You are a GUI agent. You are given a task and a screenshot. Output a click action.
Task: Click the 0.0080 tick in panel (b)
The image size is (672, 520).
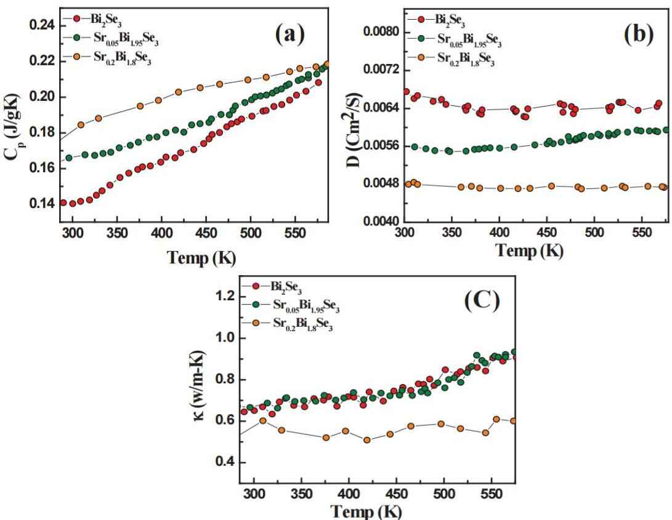pos(381,32)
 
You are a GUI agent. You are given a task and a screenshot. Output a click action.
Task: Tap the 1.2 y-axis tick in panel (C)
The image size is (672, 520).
pos(221,297)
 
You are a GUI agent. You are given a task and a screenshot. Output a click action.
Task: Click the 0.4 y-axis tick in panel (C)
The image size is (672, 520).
pos(221,462)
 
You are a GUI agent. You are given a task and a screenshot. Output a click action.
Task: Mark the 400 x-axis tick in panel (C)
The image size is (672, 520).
pos(349,494)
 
